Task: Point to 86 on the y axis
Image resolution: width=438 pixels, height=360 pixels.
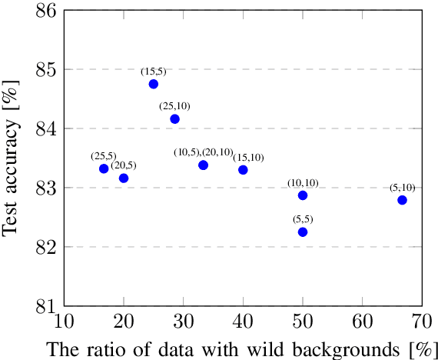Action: [x=44, y=11]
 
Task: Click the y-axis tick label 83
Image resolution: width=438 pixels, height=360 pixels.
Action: [x=44, y=188]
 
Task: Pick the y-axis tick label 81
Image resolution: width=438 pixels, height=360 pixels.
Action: [x=44, y=306]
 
